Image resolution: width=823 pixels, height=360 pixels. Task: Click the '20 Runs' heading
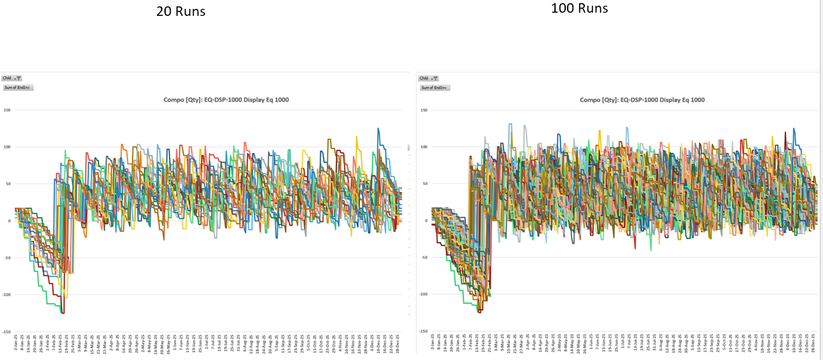[181, 11]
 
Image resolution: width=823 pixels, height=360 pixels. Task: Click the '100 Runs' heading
[579, 8]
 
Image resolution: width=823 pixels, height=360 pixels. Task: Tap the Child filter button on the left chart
[11, 78]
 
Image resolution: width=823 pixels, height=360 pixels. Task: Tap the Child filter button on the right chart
[429, 78]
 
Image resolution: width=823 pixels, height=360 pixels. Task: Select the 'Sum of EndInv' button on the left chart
[18, 87]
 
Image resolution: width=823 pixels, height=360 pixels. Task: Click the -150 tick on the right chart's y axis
[422, 331]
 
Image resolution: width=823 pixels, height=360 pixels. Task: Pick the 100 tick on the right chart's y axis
[423, 147]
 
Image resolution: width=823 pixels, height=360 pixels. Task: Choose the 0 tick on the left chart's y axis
[8, 221]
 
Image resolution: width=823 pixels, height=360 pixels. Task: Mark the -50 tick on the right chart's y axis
[423, 258]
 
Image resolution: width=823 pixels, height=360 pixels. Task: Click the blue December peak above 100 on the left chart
[378, 129]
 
